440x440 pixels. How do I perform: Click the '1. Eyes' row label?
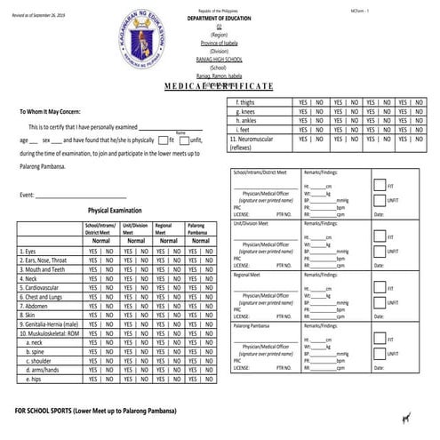[31, 252]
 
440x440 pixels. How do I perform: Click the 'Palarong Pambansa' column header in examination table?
[197, 229]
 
